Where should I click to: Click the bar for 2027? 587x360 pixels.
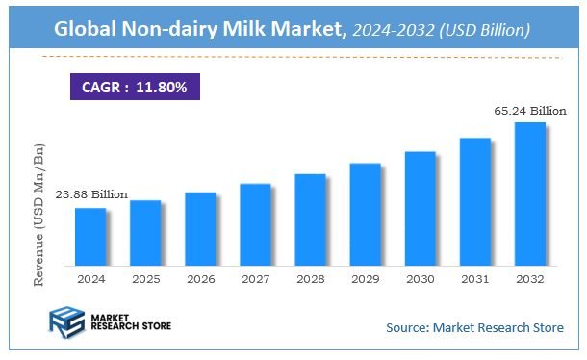coord(255,224)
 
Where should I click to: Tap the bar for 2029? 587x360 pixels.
coord(366,214)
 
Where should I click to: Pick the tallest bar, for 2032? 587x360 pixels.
coord(530,193)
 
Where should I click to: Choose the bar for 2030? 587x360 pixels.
coord(421,208)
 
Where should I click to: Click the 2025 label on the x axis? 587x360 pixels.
coord(145,278)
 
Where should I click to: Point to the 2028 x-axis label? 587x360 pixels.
coord(310,278)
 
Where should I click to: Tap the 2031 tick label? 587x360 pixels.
coord(475,278)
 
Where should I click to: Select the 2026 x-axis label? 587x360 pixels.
coord(200,278)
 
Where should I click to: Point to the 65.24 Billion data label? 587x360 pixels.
coord(528,112)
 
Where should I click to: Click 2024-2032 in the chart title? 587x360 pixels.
coord(387,30)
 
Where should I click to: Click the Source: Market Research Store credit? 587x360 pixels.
coord(475,328)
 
